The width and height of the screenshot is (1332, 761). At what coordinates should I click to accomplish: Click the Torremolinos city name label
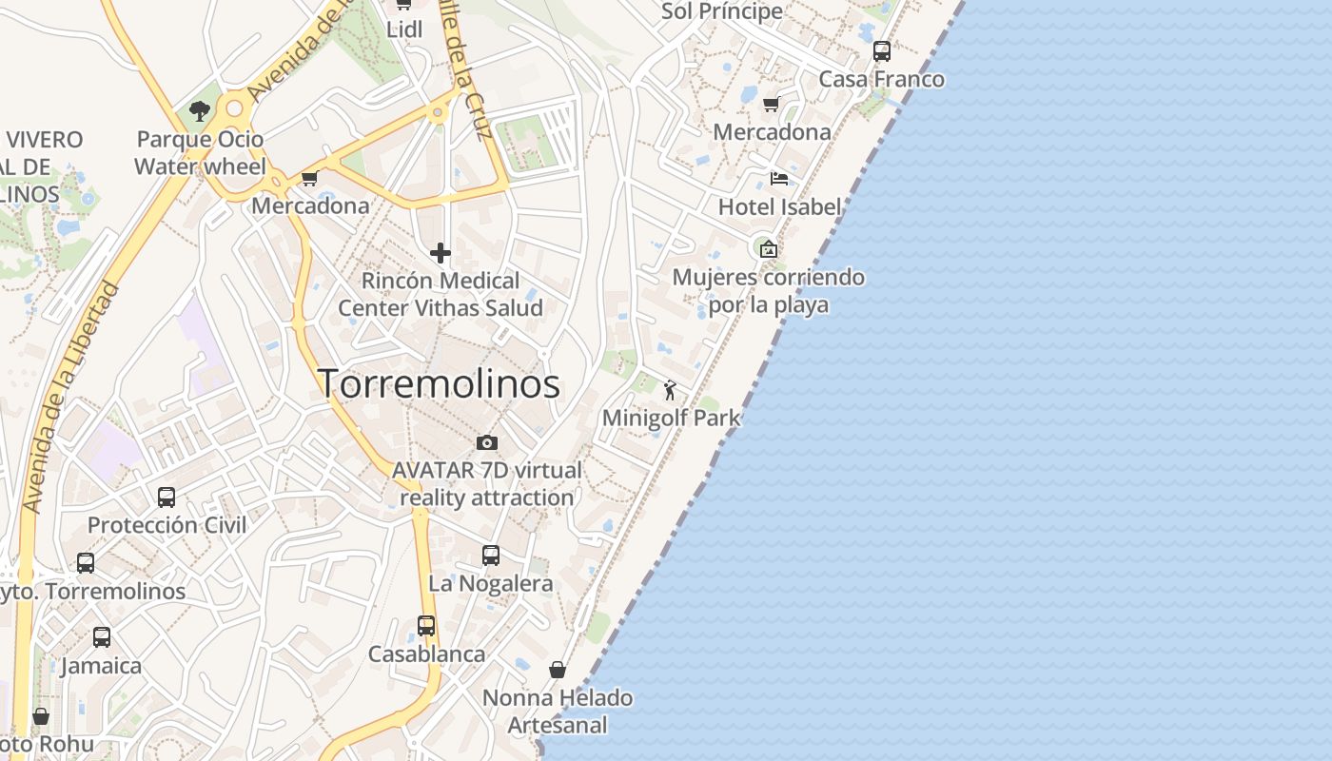[x=439, y=384]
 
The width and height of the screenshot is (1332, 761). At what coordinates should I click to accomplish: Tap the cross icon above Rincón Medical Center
[x=441, y=253]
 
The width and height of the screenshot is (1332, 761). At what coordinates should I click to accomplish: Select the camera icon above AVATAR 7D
[x=487, y=442]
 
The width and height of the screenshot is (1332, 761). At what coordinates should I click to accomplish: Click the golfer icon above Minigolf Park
[x=670, y=389]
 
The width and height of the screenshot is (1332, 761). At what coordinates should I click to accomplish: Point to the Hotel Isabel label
[x=779, y=207]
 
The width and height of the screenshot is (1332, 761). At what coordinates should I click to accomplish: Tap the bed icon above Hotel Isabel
[x=778, y=178]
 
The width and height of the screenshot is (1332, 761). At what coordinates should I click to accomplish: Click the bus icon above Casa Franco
[x=882, y=51]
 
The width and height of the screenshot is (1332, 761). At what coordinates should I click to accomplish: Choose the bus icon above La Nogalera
[x=491, y=556]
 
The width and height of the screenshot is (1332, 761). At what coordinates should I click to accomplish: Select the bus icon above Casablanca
[x=426, y=626]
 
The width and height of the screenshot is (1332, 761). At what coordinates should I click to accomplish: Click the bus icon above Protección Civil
[x=166, y=498]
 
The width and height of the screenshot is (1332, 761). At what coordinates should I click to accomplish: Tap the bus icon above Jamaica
[x=102, y=637]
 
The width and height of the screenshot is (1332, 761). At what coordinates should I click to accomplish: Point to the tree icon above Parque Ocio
[x=200, y=111]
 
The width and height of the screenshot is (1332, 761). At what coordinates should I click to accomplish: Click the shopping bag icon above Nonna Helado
[x=558, y=670]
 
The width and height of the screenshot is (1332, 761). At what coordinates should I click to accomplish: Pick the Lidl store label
[x=404, y=29]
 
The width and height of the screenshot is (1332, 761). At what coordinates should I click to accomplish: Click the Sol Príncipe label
[x=722, y=11]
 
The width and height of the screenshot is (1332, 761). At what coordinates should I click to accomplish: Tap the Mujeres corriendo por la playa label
[x=769, y=291]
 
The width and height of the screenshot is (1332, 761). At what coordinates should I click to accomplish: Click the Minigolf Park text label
[x=671, y=418]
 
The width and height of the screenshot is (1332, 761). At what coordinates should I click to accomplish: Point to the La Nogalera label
[x=491, y=584]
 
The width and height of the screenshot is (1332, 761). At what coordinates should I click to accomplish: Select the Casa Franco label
[x=882, y=79]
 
